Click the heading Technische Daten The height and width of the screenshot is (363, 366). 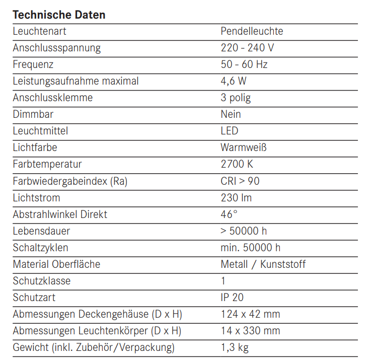59,15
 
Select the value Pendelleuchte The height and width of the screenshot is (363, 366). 252,31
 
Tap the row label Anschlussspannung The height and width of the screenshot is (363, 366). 56,48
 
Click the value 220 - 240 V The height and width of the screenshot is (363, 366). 247,48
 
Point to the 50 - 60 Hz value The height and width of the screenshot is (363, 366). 244,64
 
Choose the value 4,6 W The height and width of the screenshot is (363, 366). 234,81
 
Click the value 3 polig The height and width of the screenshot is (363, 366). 236,98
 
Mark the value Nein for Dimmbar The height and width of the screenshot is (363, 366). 231,114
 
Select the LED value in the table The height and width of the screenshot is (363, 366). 229,131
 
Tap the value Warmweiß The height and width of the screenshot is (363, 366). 243,148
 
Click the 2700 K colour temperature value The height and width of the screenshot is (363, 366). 236,164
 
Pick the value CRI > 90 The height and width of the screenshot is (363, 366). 240,181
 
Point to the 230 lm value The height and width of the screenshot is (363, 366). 236,197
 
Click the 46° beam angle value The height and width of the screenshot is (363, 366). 229,214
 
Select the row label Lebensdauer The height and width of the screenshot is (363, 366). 41,231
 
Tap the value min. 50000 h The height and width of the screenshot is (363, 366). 250,248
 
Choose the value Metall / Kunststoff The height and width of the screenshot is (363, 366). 263,264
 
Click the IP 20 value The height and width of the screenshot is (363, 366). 232,298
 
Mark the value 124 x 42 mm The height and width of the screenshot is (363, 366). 250,314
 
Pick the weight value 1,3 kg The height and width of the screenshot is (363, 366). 235,347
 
